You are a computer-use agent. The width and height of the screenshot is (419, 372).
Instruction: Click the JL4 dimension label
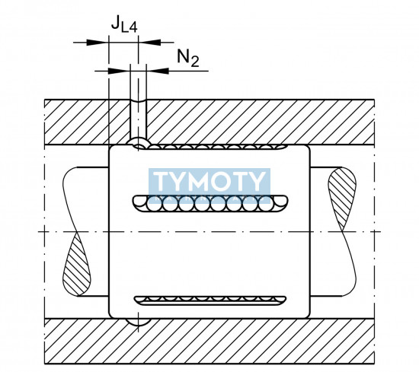(124, 24)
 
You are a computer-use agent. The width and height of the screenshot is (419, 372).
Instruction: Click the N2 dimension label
(188, 59)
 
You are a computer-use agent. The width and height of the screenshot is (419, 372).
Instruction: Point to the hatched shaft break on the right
(341, 198)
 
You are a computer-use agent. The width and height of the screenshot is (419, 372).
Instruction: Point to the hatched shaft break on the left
(76, 264)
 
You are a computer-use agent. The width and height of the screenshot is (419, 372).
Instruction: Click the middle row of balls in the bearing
(210, 204)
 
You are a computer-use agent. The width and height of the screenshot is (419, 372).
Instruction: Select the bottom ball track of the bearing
(210, 300)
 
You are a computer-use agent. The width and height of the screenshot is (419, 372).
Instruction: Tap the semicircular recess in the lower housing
(138, 323)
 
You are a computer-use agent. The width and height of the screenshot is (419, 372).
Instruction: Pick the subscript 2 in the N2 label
(195, 62)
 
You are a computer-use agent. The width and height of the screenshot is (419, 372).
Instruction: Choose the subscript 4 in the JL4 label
(133, 27)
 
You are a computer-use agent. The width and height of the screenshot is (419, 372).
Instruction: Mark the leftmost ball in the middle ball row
(139, 201)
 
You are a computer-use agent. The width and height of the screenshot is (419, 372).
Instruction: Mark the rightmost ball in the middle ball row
(280, 201)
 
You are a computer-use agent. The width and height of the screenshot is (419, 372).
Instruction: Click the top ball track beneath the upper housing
(211, 147)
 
